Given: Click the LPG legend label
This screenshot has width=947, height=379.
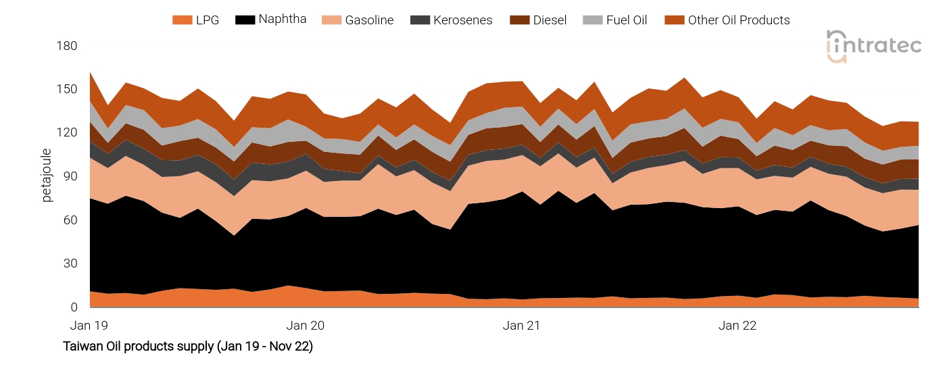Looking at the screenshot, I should click(208, 20).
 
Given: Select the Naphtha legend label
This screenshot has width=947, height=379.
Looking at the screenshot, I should click(283, 19).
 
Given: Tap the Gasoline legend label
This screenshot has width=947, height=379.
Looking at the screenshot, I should click(369, 20).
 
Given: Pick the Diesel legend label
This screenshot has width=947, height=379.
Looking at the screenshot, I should click(550, 20).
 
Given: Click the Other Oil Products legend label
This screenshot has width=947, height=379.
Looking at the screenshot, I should click(739, 20).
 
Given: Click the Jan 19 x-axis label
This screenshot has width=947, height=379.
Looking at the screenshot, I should click(89, 326).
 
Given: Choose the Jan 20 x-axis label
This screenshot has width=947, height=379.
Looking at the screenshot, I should click(305, 326).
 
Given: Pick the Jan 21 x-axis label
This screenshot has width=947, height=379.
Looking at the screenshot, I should click(521, 326).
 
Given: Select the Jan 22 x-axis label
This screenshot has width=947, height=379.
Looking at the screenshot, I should click(737, 326).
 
